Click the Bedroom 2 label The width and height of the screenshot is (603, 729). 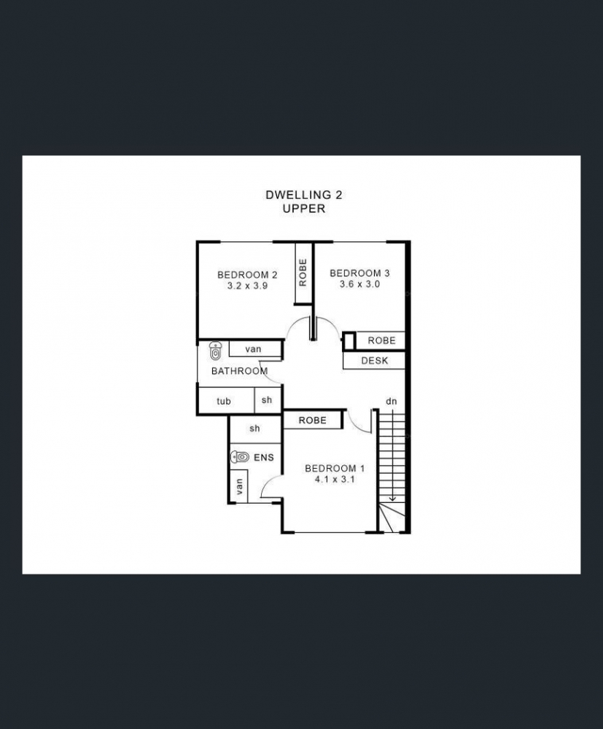(247, 275)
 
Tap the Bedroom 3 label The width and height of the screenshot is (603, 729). (360, 273)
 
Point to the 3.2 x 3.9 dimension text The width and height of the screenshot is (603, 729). (247, 286)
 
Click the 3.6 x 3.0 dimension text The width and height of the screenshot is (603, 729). (360, 284)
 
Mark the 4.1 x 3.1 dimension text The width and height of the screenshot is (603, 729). (335, 479)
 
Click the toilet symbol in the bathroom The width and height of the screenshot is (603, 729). (215, 351)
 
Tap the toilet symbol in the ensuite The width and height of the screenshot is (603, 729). (240, 457)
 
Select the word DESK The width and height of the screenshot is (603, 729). (374, 360)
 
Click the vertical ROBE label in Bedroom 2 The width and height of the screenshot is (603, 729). (303, 273)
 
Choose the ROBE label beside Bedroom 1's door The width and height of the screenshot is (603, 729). (312, 421)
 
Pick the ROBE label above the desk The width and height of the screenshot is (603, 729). (381, 340)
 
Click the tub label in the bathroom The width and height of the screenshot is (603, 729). (224, 401)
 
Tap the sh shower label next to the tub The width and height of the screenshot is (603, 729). (266, 399)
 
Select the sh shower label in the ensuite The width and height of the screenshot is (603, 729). (254, 428)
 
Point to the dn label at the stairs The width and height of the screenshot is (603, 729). (391, 401)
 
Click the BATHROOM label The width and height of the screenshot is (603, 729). (239, 371)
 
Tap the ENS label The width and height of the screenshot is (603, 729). (264, 458)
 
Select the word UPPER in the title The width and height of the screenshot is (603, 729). (303, 208)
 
